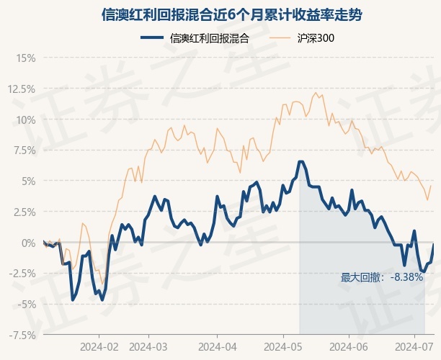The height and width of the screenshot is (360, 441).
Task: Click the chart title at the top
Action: [220, 14]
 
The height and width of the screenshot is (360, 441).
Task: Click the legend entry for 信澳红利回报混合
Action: [196, 39]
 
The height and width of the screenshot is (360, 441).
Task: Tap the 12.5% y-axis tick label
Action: [21, 89]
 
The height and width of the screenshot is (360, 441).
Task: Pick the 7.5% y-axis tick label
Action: [23, 150]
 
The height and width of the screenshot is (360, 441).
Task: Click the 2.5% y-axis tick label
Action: [23, 212]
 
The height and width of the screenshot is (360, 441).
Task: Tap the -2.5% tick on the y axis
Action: [22, 274]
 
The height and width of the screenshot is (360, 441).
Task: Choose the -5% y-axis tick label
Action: [25, 305]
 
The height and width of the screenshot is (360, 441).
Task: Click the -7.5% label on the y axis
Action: [22, 335]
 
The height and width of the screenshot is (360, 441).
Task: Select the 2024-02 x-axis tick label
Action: [99, 346]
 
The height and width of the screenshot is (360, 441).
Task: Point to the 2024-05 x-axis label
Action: [284, 346]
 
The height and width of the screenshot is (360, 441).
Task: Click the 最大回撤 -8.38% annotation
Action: [382, 277]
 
